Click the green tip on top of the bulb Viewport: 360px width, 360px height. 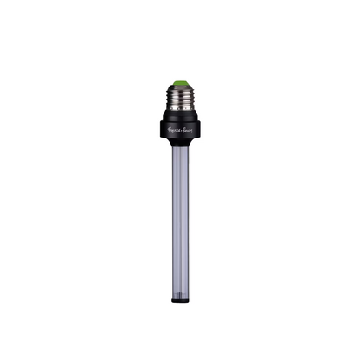180,83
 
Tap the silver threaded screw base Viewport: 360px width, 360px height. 180,97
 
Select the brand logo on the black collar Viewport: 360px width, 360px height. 180,135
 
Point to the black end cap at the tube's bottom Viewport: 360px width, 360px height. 180,299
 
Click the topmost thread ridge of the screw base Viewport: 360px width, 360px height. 180,90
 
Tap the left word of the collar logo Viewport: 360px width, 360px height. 172,135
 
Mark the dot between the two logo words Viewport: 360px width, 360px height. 180,135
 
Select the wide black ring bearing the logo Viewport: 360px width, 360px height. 180,134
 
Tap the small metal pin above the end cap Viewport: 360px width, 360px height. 180,292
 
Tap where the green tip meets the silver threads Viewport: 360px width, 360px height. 180,87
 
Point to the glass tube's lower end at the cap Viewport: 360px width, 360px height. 180,295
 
